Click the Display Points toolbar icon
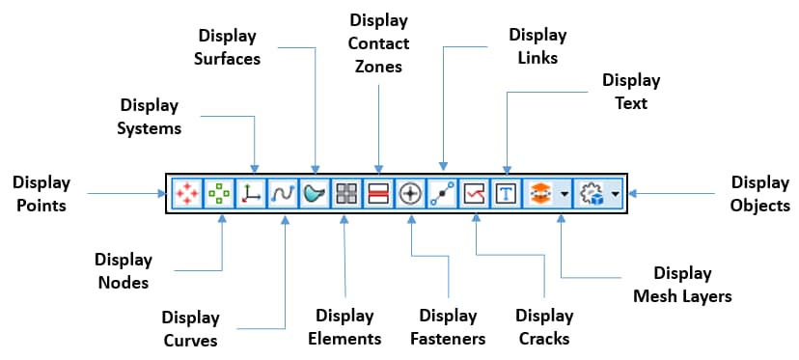(x=186, y=194)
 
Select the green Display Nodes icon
(x=219, y=194)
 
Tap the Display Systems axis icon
(x=251, y=194)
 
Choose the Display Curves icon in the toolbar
(x=283, y=194)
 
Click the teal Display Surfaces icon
(x=315, y=194)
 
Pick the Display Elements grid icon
(x=346, y=194)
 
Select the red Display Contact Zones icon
(x=378, y=194)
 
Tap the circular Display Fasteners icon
(x=411, y=194)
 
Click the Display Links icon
(x=443, y=194)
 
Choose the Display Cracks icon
(x=475, y=194)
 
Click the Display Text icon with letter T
(x=507, y=194)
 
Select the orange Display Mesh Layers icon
(x=539, y=194)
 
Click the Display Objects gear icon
(x=590, y=194)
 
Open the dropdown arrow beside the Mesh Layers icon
(x=563, y=194)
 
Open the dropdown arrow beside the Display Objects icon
(x=615, y=194)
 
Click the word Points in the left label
(x=41, y=205)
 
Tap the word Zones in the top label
(x=379, y=68)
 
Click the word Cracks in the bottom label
(x=544, y=339)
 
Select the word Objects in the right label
(x=759, y=205)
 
